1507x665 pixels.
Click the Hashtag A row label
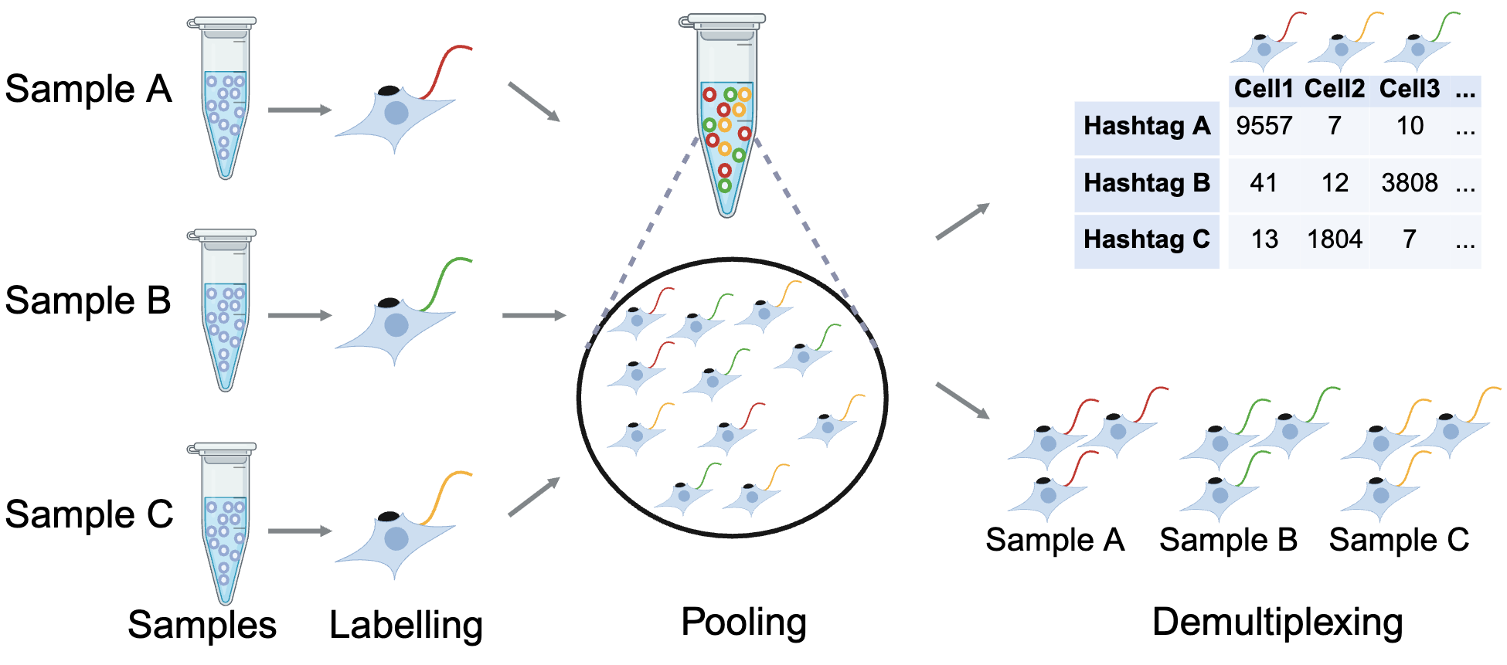pos(1146,126)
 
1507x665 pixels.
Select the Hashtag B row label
pos(1146,183)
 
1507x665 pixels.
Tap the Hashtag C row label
pos(1146,239)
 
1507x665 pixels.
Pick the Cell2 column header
pos(1334,89)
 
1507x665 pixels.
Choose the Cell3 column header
pos(1409,89)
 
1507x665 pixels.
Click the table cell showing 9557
pos(1264,126)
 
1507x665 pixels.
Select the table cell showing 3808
pos(1409,183)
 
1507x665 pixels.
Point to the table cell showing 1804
pos(1334,239)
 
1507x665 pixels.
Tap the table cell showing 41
pos(1264,183)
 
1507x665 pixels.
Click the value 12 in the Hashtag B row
pos(1335,183)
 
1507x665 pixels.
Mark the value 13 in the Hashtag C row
pos(1264,239)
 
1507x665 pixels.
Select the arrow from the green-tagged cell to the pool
pos(533,315)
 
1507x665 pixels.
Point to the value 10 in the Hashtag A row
pos(1410,126)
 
